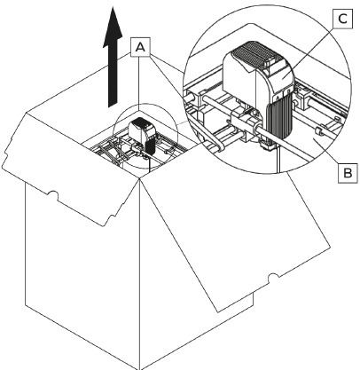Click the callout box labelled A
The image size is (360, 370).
click(140, 47)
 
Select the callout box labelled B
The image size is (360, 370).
click(348, 172)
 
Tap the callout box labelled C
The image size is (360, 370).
click(342, 20)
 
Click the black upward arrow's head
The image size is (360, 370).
click(113, 28)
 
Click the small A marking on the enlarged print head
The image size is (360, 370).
click(278, 97)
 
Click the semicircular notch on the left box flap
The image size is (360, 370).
click(52, 195)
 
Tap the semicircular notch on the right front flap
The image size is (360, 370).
click(274, 278)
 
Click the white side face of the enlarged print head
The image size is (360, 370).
click(239, 77)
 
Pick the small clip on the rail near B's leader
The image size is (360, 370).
click(317, 131)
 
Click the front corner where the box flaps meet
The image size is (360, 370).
click(139, 178)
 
